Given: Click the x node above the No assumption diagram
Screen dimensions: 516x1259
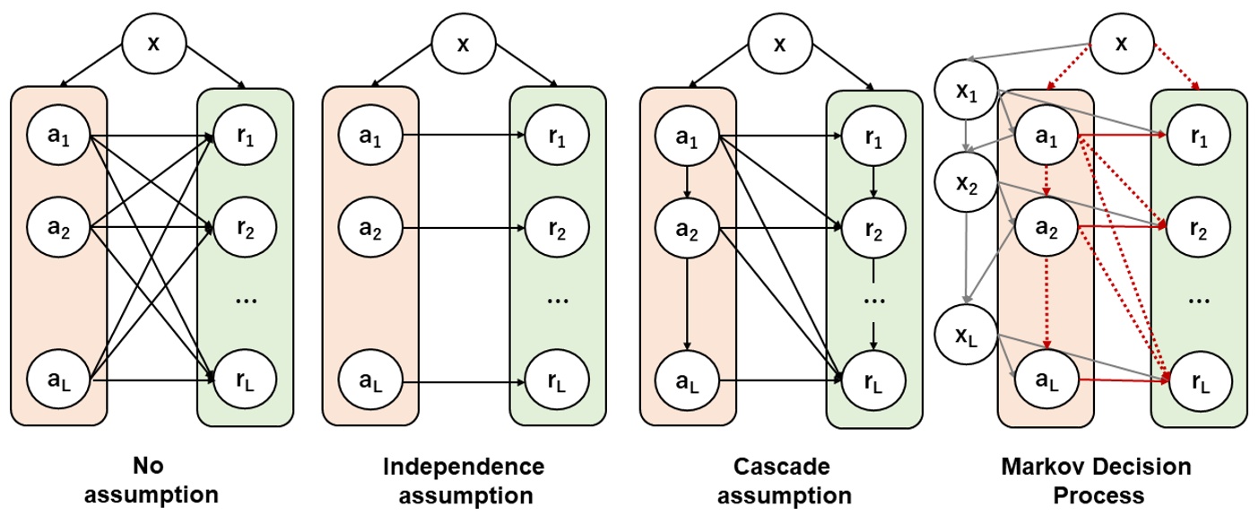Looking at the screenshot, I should (153, 44).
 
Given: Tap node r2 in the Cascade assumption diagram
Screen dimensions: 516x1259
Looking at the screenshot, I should (873, 228).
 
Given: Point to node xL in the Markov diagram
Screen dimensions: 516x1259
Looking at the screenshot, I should (965, 337).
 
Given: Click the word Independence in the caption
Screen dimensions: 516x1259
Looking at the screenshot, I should (464, 467).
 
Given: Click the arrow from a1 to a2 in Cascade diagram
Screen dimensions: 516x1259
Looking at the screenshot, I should (687, 183).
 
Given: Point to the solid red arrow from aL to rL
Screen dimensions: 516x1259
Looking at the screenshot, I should (1121, 381).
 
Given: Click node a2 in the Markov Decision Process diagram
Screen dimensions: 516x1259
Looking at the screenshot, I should (1046, 228).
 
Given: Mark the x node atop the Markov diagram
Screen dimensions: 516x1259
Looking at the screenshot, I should (1121, 44).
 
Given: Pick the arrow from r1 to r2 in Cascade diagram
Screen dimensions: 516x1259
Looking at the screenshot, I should (873, 182).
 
